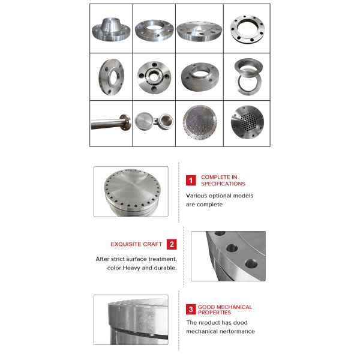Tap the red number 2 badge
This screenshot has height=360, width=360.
[x=172, y=244]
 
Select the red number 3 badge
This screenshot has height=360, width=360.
[x=191, y=310]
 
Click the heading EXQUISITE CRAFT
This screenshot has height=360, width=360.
[x=136, y=244]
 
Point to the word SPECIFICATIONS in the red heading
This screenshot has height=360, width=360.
[x=223, y=184]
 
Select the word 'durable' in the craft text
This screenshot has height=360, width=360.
[x=164, y=268]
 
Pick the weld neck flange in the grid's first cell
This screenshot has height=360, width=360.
[x=112, y=28]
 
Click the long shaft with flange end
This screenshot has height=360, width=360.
[x=112, y=123]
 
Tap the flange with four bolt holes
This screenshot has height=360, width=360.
[x=154, y=76]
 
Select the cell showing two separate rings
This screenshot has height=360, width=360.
[x=247, y=76]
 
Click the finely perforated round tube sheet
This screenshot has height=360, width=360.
[x=200, y=123]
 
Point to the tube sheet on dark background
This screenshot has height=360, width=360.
[x=247, y=123]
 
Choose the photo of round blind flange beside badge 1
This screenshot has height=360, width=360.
[x=131, y=191]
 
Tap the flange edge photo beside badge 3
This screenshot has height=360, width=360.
[x=131, y=319]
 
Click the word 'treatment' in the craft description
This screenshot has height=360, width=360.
[x=159, y=259]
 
